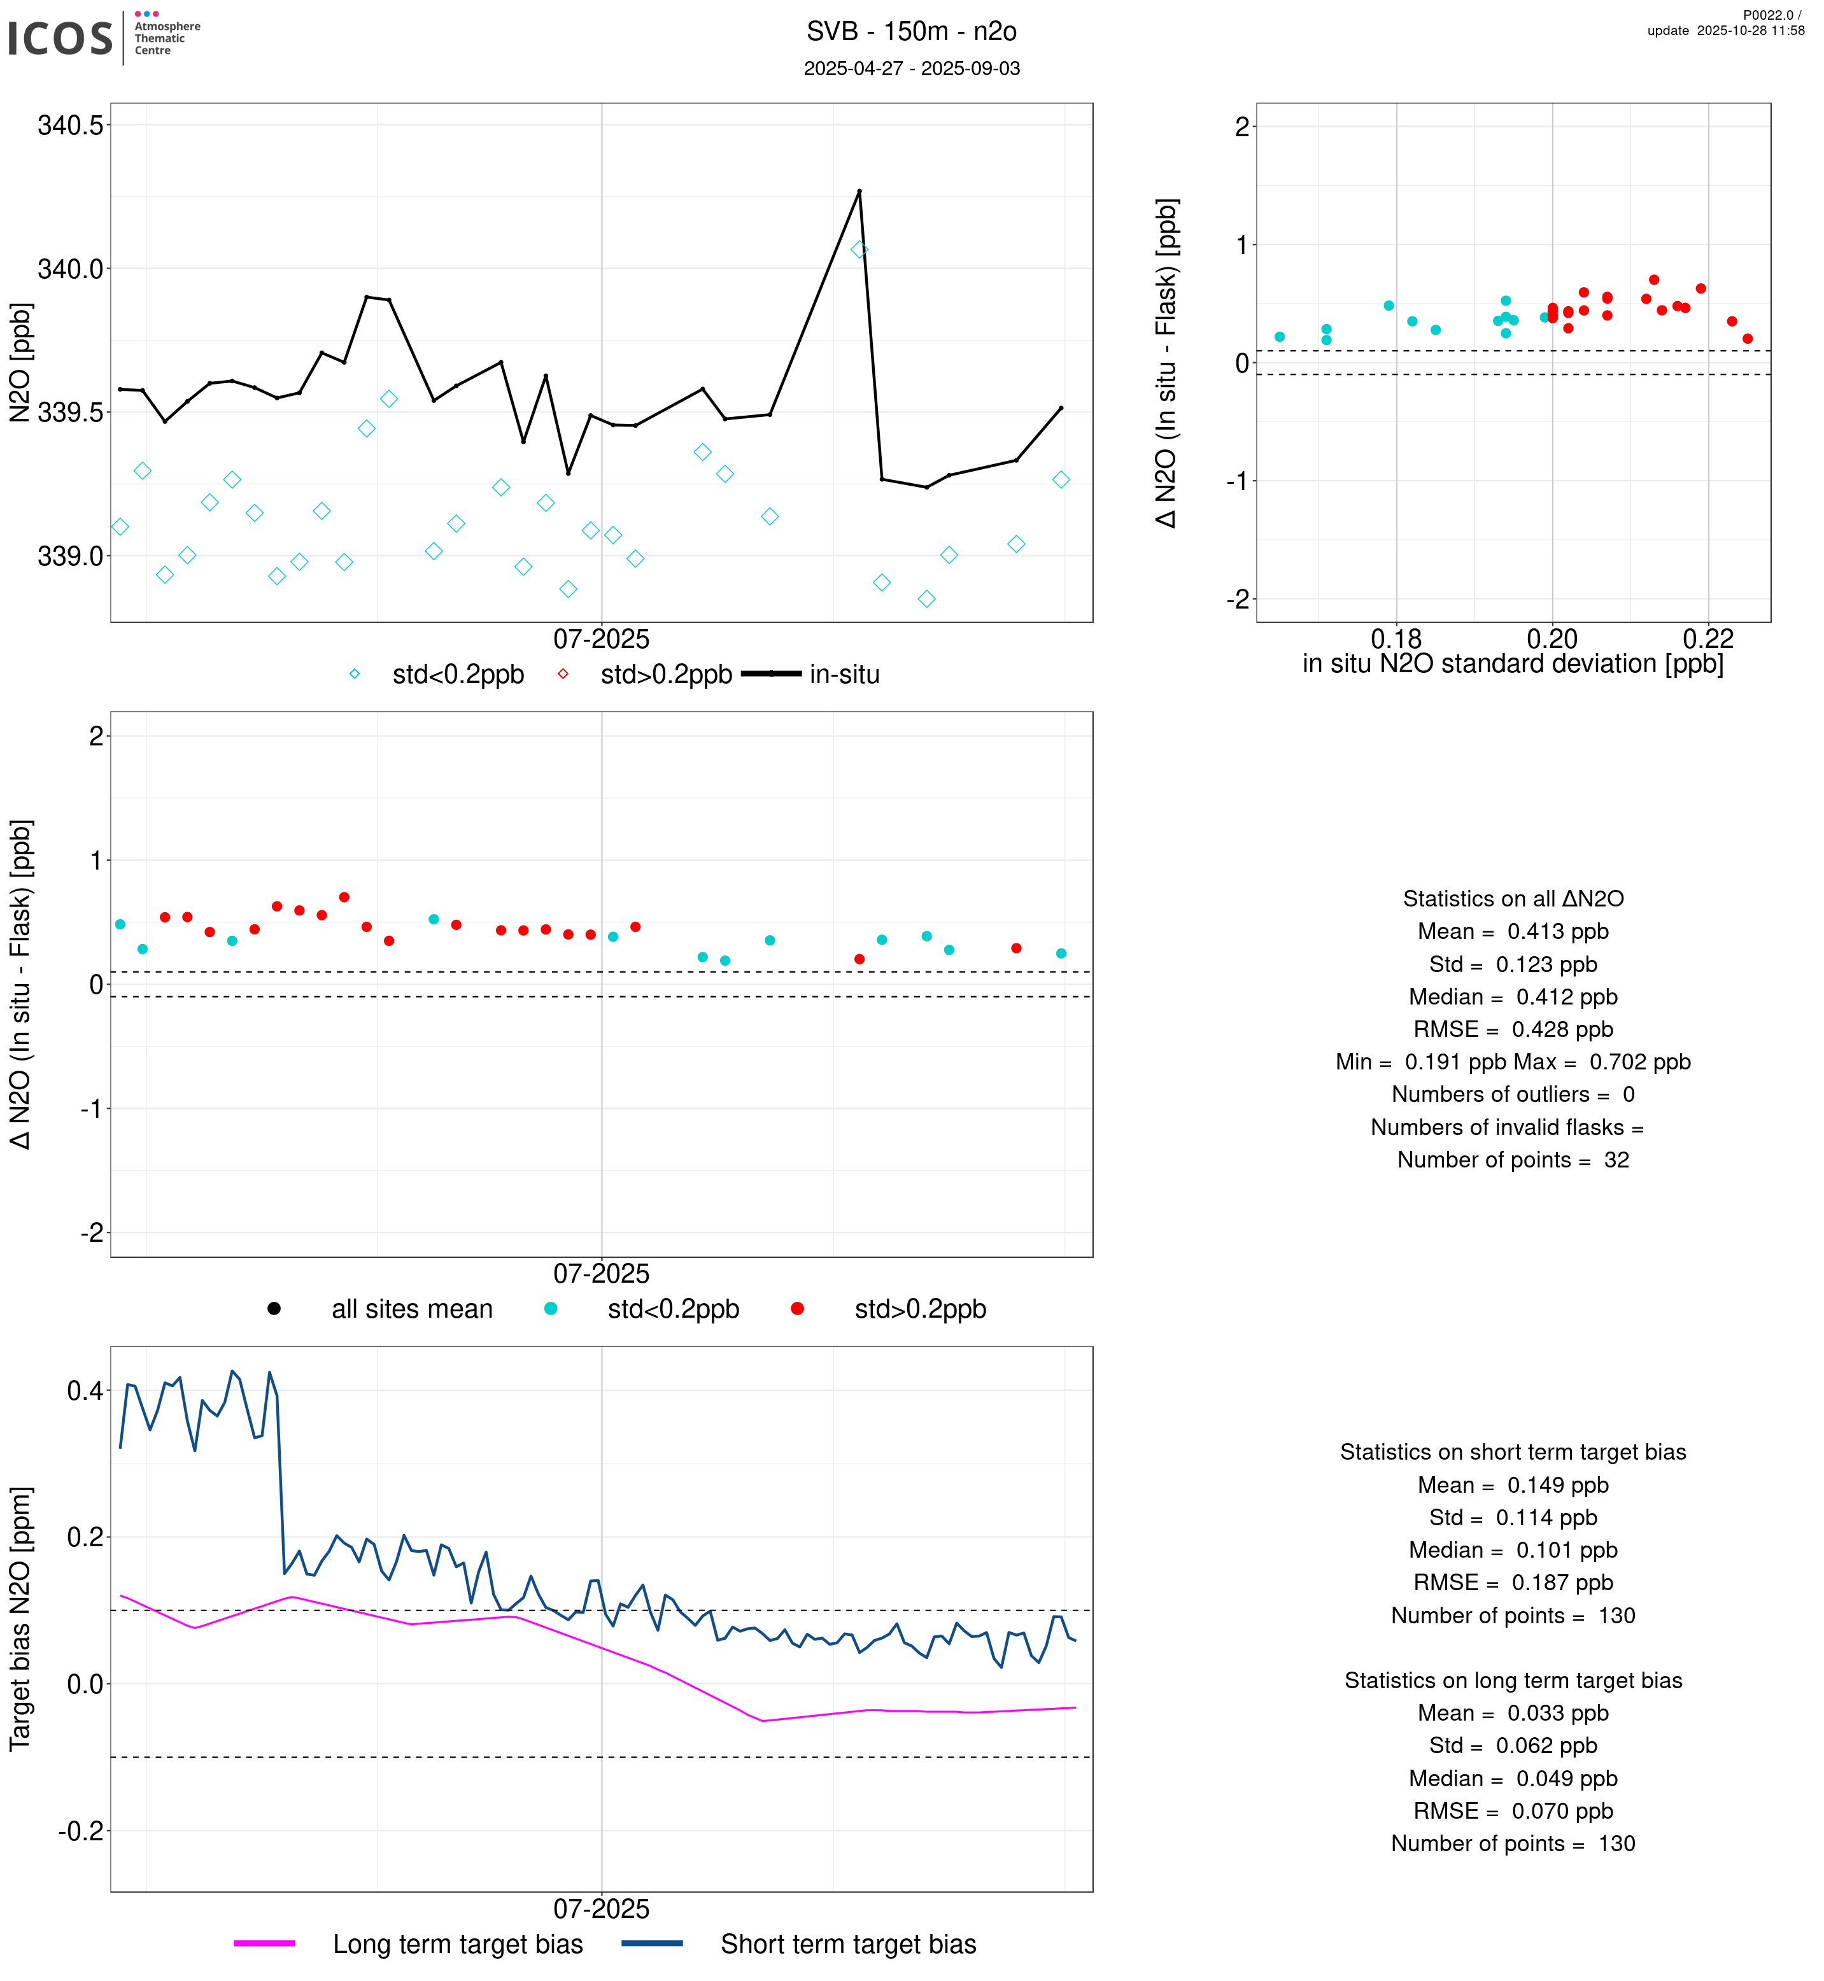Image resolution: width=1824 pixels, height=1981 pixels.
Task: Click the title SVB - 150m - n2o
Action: point(911,32)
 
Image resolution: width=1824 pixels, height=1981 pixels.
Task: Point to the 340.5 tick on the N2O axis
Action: point(69,125)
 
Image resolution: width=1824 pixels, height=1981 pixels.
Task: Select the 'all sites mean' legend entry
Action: point(411,1310)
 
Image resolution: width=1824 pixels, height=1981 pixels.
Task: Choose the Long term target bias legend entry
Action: point(457,1945)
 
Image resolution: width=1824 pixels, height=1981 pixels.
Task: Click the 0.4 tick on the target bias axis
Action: point(84,1392)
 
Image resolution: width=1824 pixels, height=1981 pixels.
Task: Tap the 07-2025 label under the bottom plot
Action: point(601,1909)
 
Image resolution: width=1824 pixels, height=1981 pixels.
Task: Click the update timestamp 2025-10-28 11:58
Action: point(1725,31)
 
